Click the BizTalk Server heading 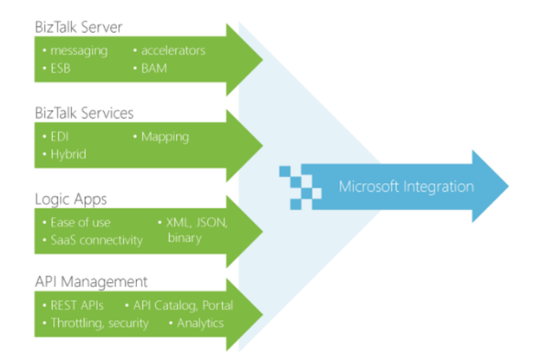tap(79, 27)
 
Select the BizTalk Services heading tap(84, 113)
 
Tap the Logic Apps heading tap(71, 200)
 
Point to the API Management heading tap(91, 282)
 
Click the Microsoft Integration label tap(406, 187)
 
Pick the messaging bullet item tap(79, 51)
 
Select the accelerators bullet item tap(173, 50)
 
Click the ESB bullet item tap(61, 69)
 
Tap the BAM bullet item tap(153, 69)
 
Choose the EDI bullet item tap(59, 137)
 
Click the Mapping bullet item tap(165, 137)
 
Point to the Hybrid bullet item tap(68, 154)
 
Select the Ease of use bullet tap(81, 223)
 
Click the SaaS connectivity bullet tap(96, 240)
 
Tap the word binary tap(185, 239)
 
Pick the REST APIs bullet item tap(77, 305)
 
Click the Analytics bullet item tap(200, 324)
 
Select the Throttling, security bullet tap(100, 324)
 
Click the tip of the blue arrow tap(509, 186)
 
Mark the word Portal tap(218, 305)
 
